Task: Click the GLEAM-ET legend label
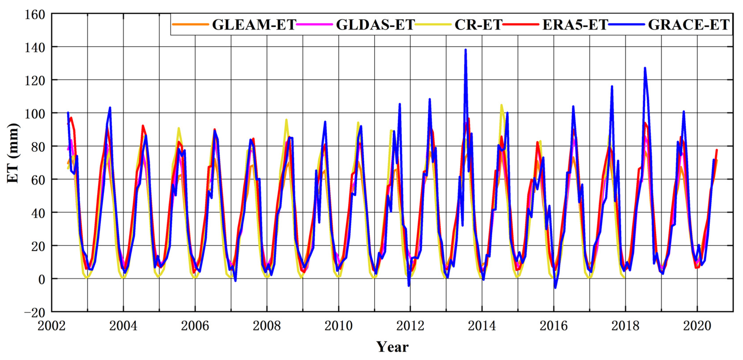click(254, 25)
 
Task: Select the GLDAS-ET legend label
click(375, 25)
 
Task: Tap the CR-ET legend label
click(478, 25)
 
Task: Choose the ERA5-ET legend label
click(575, 25)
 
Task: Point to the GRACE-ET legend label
click(689, 25)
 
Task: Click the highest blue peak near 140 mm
click(466, 50)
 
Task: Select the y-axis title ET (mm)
click(13, 153)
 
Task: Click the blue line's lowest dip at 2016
click(555, 288)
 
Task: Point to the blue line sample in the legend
click(627, 25)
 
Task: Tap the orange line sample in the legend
click(190, 25)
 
